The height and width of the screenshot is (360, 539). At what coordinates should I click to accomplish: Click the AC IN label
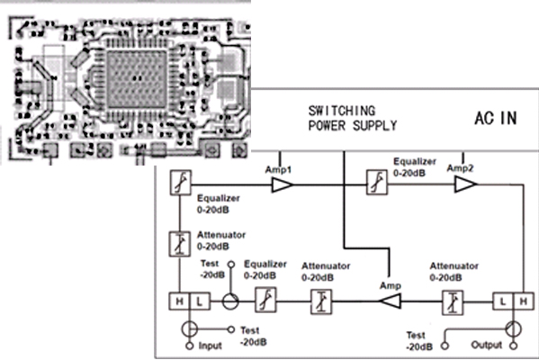[496, 118]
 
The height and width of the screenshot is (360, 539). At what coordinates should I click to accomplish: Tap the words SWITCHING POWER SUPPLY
[353, 118]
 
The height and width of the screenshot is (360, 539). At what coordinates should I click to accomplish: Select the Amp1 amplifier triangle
[283, 185]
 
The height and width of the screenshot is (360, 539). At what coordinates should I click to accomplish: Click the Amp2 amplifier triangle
[465, 184]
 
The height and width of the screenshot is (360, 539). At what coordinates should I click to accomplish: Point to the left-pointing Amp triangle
[390, 301]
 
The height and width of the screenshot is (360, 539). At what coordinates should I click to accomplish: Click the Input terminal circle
[189, 346]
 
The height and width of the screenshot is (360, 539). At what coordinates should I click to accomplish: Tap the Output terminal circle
[514, 346]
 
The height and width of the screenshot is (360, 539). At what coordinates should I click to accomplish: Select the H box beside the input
[179, 301]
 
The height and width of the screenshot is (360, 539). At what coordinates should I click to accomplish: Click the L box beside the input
[200, 301]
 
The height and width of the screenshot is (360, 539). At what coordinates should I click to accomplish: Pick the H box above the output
[524, 301]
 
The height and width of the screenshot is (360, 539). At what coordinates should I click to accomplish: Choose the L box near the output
[503, 301]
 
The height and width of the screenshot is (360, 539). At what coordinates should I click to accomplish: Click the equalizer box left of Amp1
[181, 183]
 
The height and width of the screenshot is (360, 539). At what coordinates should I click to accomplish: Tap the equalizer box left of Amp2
[376, 182]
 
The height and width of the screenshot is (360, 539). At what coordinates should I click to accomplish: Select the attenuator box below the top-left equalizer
[180, 244]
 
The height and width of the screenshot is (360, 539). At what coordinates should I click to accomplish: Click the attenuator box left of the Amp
[321, 301]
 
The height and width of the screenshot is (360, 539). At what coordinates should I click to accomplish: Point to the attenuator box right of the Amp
[453, 302]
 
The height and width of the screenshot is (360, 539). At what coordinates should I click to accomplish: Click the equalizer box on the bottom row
[265, 300]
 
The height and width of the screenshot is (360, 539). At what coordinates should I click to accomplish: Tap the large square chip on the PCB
[137, 79]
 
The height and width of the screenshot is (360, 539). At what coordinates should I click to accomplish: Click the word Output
[487, 345]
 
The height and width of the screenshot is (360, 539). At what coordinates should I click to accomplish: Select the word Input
[210, 346]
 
